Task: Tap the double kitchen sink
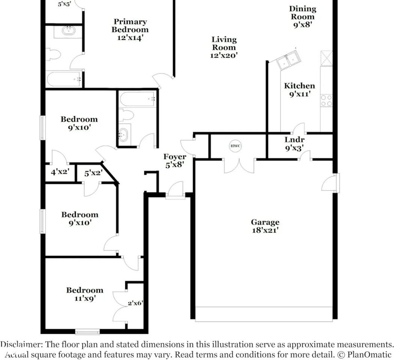[x=288, y=60]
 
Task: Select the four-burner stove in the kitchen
[x=326, y=100]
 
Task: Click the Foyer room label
[x=174, y=157]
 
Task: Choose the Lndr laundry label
[x=294, y=140]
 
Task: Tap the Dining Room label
[x=303, y=12]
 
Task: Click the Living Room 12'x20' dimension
[x=224, y=55]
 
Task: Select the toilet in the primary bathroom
[x=53, y=55]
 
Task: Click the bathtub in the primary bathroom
[x=64, y=79]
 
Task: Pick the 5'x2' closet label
[x=92, y=173]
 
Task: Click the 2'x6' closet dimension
[x=135, y=303]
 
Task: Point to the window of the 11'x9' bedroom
[x=87, y=331]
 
